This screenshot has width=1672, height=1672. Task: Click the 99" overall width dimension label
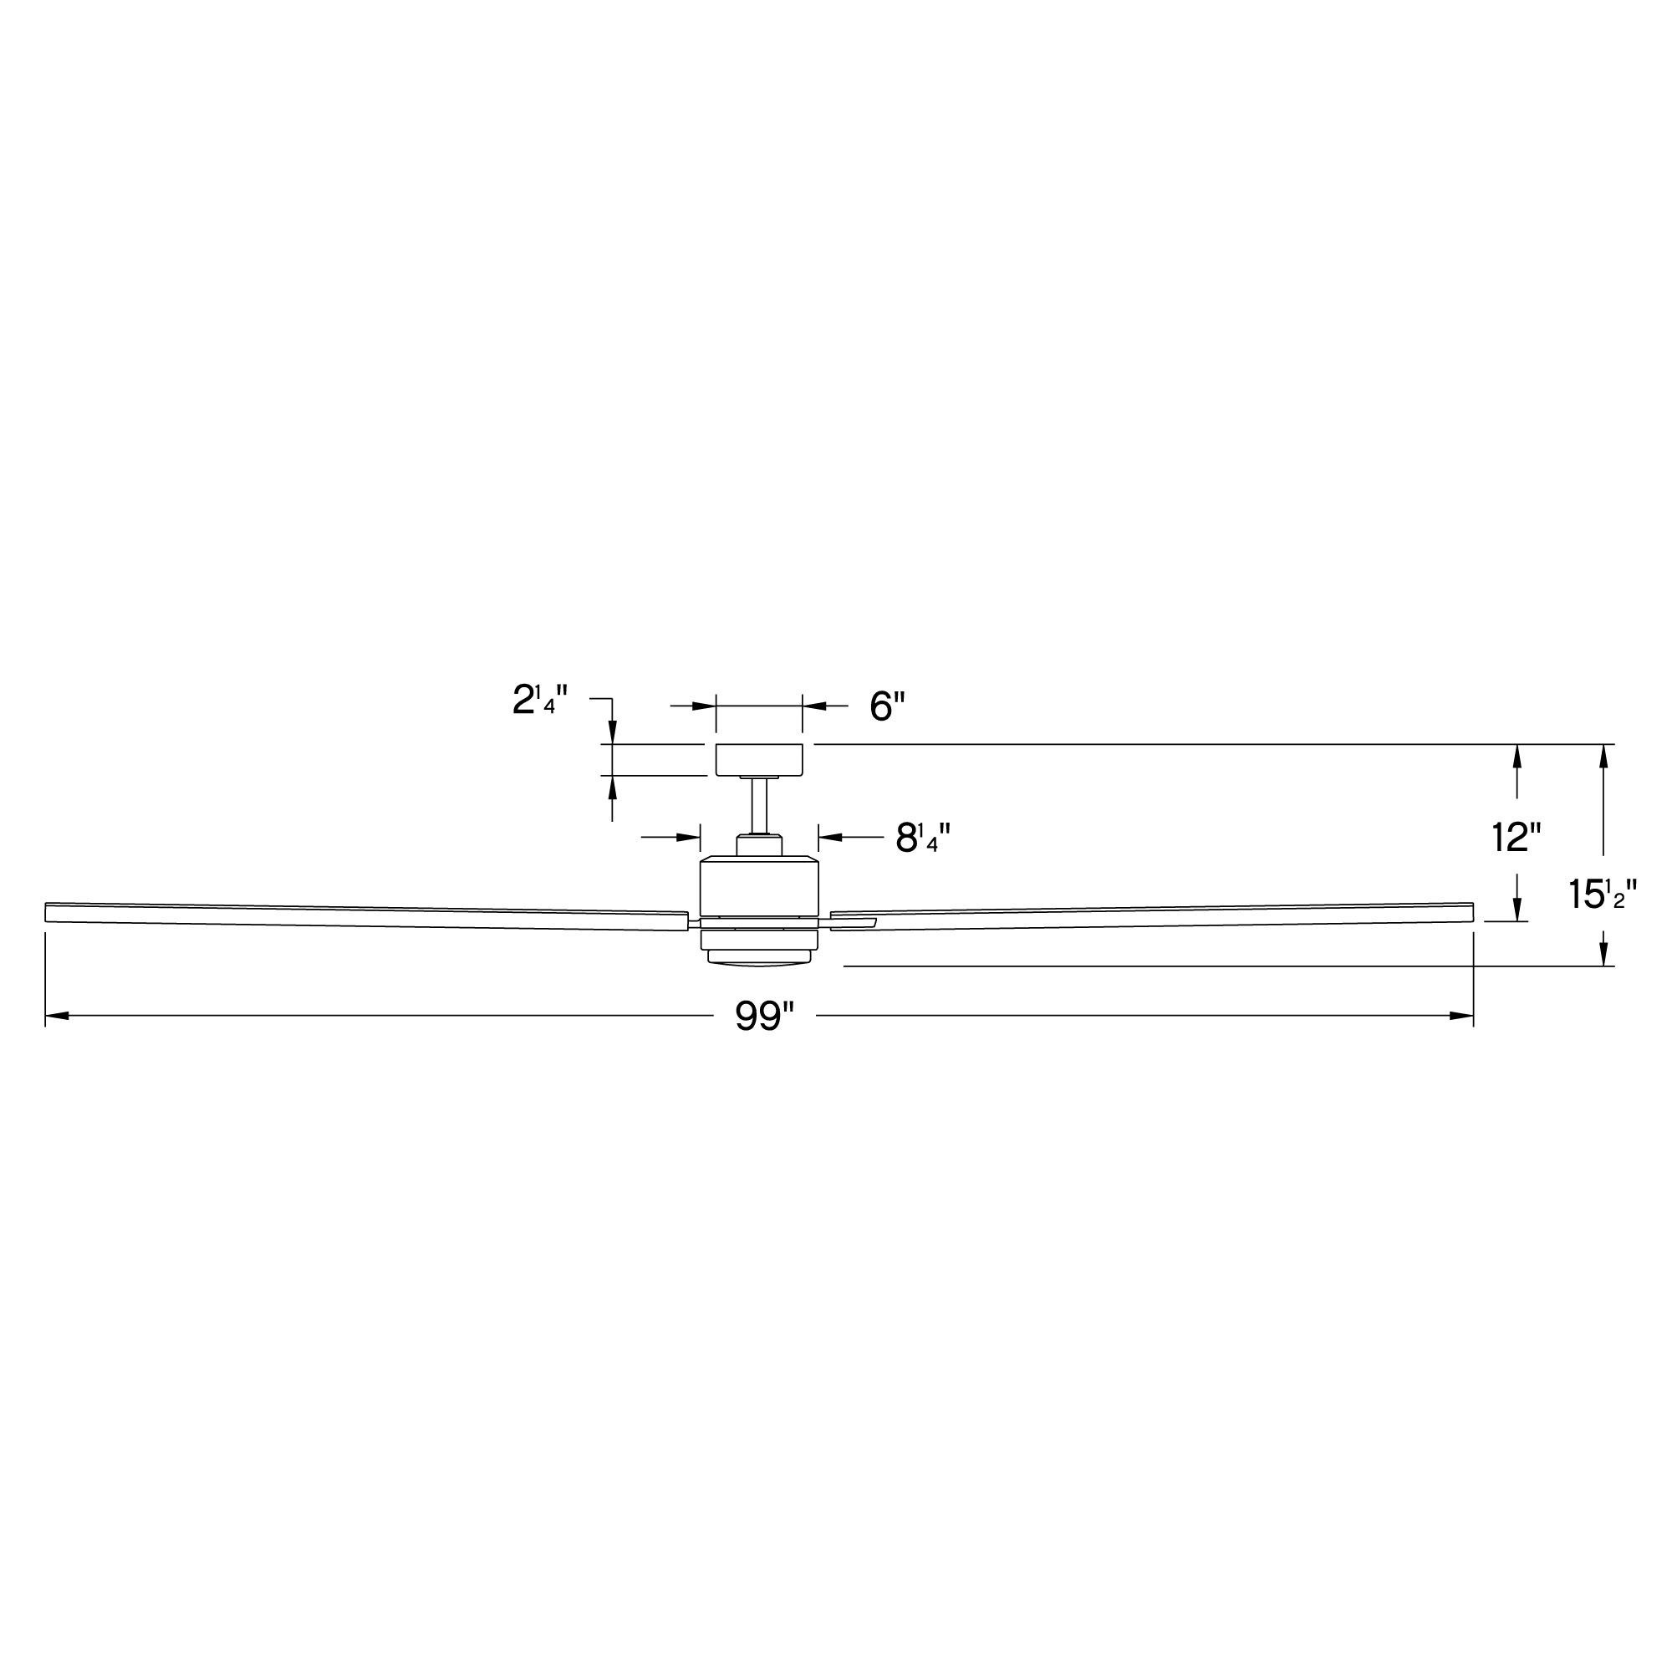pos(765,1016)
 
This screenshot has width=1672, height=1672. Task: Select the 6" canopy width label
pos(887,706)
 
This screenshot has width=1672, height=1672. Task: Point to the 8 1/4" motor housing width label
pos(924,838)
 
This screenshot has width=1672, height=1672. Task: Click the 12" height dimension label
pos(1517,837)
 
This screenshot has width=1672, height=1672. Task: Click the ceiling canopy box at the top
pos(759,759)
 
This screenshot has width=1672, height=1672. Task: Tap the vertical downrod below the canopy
pos(759,807)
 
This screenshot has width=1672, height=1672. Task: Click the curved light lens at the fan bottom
pos(759,957)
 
